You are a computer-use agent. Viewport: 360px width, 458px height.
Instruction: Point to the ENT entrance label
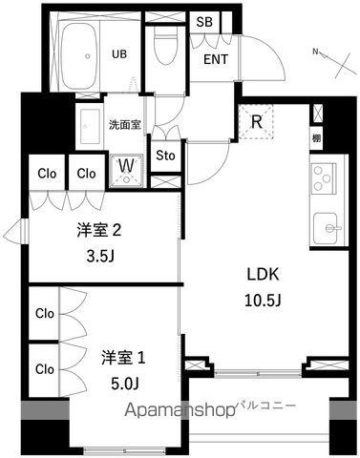(x=216, y=56)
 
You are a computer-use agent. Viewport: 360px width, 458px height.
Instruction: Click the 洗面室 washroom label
(x=124, y=124)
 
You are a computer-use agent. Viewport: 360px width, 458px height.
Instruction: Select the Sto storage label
(x=165, y=156)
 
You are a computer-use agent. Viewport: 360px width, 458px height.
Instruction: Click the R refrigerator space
(x=258, y=122)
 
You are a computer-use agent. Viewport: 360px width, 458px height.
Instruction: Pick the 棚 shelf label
(x=316, y=139)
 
